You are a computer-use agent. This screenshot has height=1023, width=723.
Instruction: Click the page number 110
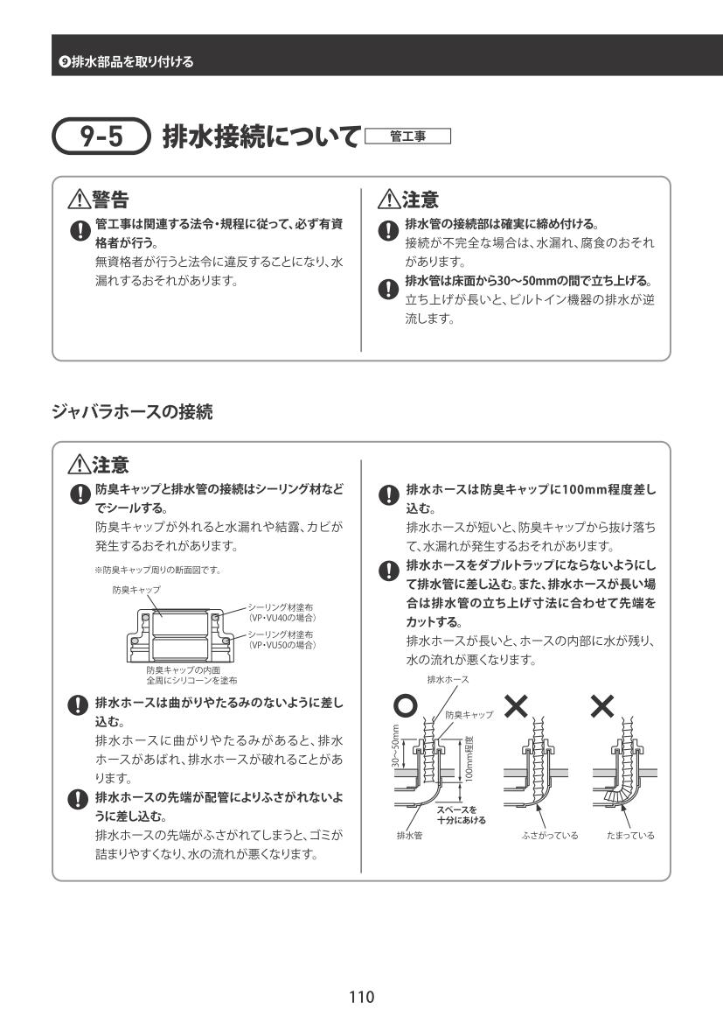click(361, 996)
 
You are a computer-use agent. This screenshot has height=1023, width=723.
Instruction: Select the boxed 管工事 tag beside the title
click(408, 137)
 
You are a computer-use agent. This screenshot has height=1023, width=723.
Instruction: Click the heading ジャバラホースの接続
click(132, 410)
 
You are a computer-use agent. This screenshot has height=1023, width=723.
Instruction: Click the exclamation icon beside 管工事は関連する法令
click(80, 231)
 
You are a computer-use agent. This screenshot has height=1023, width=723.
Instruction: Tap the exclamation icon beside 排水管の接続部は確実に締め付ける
click(389, 231)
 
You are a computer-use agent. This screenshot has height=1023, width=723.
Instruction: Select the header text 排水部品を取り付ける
click(126, 61)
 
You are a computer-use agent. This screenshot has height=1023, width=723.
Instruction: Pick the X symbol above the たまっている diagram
click(603, 705)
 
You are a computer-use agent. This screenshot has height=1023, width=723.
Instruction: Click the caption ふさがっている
click(550, 836)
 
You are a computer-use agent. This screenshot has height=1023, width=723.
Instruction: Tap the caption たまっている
click(630, 836)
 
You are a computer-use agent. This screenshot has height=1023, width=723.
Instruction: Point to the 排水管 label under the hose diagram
click(409, 836)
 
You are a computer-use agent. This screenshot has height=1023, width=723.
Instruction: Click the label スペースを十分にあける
click(462, 815)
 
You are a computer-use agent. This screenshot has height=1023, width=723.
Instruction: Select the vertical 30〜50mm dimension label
click(395, 746)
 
